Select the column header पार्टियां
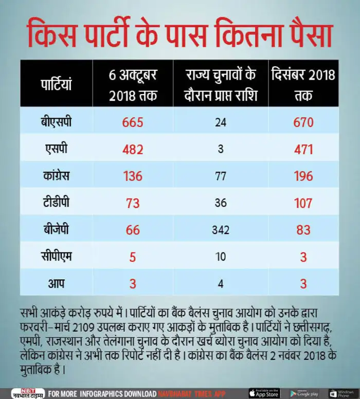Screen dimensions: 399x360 (x=57, y=84)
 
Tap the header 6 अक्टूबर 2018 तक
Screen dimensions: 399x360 (x=133, y=85)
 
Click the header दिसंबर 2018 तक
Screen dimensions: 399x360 (x=303, y=85)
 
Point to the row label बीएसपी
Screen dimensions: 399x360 (x=57, y=122)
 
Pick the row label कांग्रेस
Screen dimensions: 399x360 (x=57, y=176)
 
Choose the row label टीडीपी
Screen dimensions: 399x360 (x=57, y=203)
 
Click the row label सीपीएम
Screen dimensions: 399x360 (x=57, y=256)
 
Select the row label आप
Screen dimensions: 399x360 (x=57, y=282)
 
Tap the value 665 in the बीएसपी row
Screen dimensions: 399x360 (x=133, y=123)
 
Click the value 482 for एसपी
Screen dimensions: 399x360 (x=133, y=150)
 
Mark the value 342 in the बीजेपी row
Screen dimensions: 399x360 (x=221, y=229)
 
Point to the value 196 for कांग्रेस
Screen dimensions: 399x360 (x=303, y=176)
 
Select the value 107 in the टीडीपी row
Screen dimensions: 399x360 (x=303, y=203)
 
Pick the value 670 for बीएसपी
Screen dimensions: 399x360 (x=303, y=123)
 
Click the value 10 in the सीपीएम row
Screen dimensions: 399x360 (x=221, y=256)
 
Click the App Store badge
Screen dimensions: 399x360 (x=264, y=393)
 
